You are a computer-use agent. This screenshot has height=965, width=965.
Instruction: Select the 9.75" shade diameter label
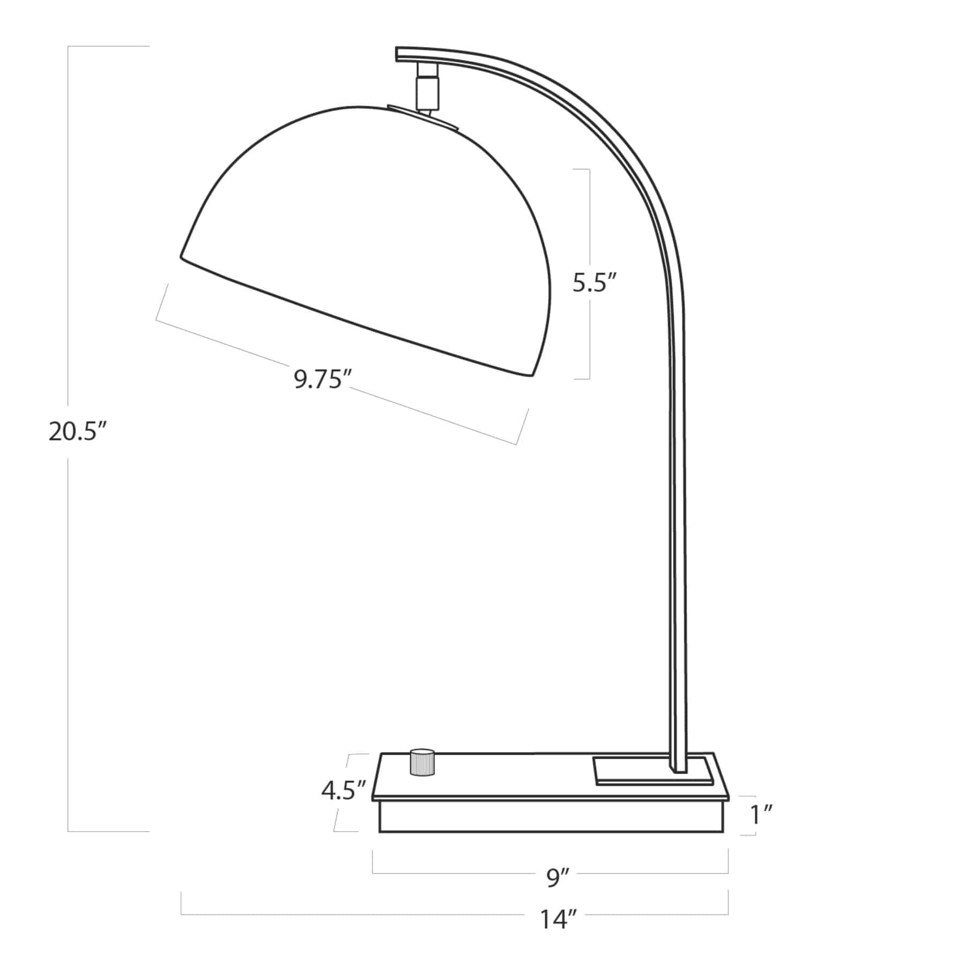pyautogui.click(x=322, y=380)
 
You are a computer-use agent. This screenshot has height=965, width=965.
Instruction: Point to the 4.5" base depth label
pyautogui.click(x=344, y=790)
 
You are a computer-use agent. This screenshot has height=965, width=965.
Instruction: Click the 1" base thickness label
pyautogui.click(x=761, y=816)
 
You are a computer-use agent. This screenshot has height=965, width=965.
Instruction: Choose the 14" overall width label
pyautogui.click(x=558, y=920)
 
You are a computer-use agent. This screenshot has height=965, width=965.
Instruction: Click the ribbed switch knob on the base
pyautogui.click(x=422, y=761)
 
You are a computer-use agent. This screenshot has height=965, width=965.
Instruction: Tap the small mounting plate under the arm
pyautogui.click(x=653, y=771)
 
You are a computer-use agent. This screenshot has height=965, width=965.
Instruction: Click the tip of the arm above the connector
pyautogui.click(x=399, y=54)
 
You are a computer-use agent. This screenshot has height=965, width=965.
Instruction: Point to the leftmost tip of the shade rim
pyautogui.click(x=181, y=257)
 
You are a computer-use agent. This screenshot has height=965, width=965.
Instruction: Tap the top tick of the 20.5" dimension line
pyautogui.click(x=107, y=47)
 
